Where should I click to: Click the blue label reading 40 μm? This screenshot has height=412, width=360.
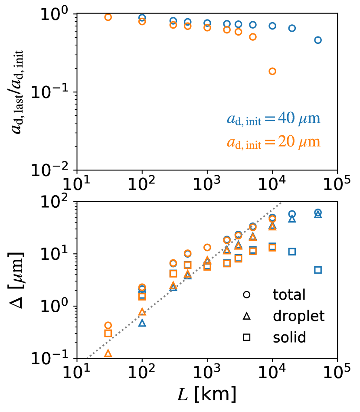(x=273, y=119)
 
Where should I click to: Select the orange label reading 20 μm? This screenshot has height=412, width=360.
(x=273, y=142)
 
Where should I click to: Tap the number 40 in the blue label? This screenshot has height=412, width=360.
(x=286, y=118)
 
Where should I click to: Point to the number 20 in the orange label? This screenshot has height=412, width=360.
(x=286, y=142)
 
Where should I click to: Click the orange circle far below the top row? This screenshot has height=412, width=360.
(x=272, y=71)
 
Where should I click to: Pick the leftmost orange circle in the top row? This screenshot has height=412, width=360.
(x=108, y=17)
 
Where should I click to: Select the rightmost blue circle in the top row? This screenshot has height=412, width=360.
(x=318, y=40)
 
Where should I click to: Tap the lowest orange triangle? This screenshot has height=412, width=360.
(x=108, y=353)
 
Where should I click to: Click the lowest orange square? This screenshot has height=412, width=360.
(x=108, y=334)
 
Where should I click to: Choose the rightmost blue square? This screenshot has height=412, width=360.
(x=318, y=270)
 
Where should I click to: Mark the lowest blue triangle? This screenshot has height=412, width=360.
(x=142, y=323)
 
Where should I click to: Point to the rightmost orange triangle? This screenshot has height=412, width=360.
(x=272, y=226)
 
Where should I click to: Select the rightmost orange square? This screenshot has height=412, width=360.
(x=272, y=248)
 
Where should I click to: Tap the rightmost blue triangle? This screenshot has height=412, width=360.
(x=318, y=214)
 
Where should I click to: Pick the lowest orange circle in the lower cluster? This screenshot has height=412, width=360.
(x=108, y=325)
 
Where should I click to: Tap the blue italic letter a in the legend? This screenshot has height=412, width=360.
(x=231, y=119)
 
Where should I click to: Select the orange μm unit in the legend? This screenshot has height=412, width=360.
(x=309, y=142)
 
